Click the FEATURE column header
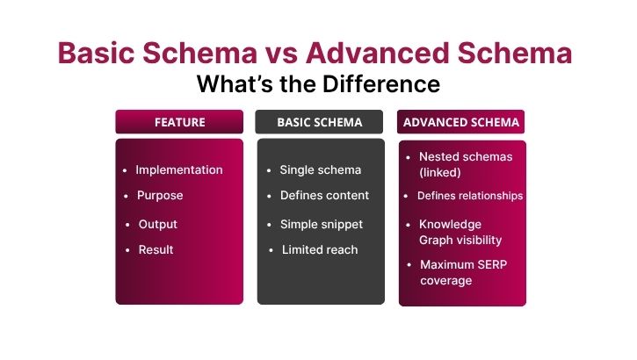[179, 122]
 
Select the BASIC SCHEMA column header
[319, 122]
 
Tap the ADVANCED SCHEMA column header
[461, 122]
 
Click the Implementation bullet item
[179, 169]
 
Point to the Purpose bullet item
[160, 196]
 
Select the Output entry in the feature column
[158, 224]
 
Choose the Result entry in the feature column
[156, 249]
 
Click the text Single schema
[320, 169]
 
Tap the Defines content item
[324, 196]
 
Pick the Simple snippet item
[322, 224]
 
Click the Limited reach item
[320, 249]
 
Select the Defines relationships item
[470, 196]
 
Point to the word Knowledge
[451, 224]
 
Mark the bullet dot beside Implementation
[127, 170]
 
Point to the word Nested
[438, 156]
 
